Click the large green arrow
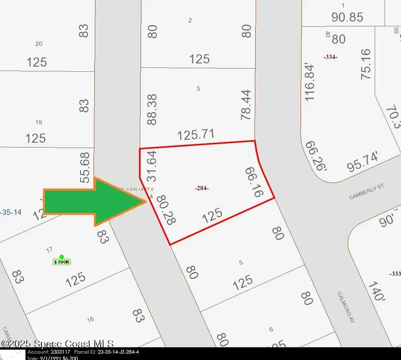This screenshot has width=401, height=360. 94,202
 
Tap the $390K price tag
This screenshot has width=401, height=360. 62,261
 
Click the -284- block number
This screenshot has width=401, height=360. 202,188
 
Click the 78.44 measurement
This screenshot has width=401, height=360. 246,105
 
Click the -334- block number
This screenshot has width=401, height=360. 330,57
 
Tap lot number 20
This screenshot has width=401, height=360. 39,43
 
